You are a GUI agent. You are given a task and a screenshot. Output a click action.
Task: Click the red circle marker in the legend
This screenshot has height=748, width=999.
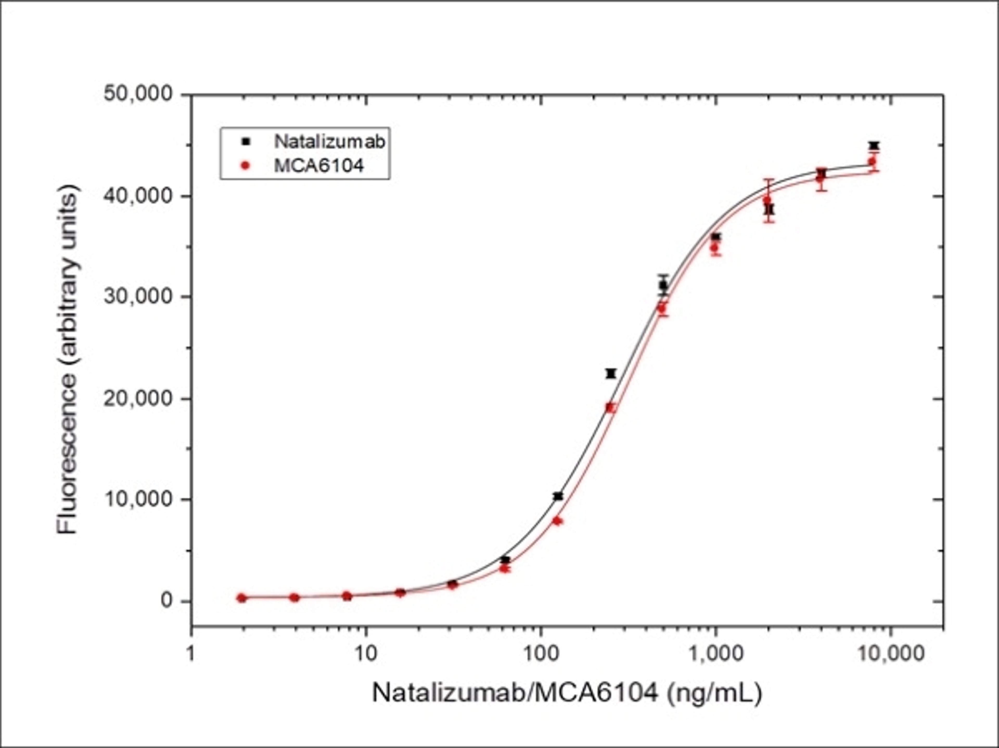pyautogui.click(x=246, y=166)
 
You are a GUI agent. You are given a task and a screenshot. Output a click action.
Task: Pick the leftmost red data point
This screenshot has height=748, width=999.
pyautogui.click(x=242, y=598)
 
